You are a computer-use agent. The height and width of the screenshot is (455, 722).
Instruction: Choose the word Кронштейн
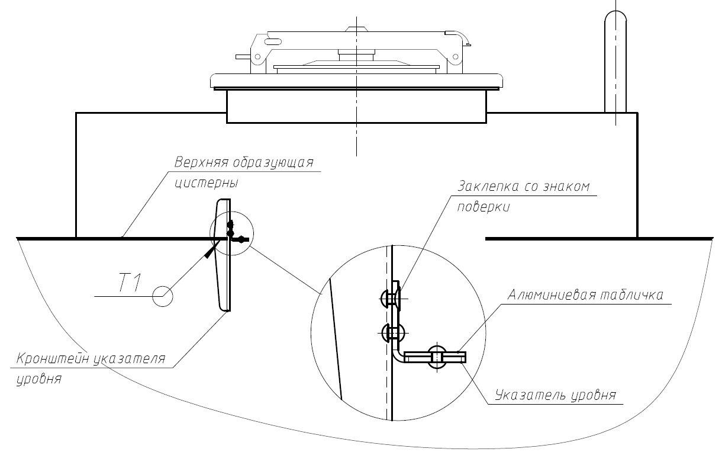coord(51,359)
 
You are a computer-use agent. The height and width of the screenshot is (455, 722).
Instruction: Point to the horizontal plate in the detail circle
coord(436,357)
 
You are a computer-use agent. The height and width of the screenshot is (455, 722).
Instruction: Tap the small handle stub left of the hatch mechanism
coord(243,57)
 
